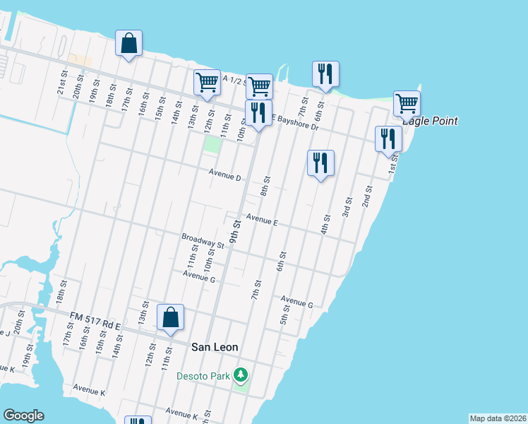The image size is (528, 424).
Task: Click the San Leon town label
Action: [215, 347]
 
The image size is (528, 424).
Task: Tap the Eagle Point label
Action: [430, 121]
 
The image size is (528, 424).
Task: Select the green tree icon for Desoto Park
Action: [241, 374]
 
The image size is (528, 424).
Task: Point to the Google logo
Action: [23, 416]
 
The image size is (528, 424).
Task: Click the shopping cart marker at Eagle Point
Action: [407, 103]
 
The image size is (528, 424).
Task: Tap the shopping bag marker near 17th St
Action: [128, 43]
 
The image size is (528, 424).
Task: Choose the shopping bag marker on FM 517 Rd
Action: [171, 317]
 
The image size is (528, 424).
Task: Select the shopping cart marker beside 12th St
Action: [207, 83]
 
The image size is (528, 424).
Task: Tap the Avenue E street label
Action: [261, 220]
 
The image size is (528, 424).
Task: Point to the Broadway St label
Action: [203, 241]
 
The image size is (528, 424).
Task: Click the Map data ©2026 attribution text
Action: [498, 418]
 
